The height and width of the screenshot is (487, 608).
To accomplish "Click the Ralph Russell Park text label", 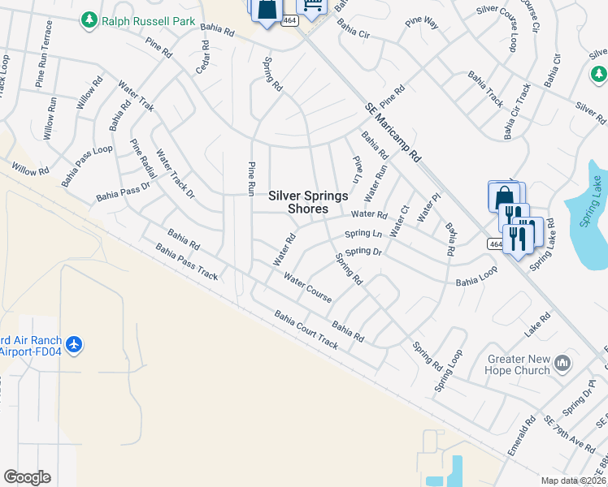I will (149, 21).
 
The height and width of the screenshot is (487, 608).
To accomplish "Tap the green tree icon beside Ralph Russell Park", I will (89, 19).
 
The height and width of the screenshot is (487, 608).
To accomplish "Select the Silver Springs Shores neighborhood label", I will (308, 202).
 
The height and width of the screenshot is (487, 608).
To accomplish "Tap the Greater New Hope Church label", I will (519, 364).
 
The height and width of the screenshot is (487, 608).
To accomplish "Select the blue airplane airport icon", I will (75, 345).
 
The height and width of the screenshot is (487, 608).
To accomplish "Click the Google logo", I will (27, 477).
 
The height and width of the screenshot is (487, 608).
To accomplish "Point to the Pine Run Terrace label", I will (42, 54).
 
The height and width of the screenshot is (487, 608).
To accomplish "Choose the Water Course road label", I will (307, 287).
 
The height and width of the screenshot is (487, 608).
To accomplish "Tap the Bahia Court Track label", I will (306, 330).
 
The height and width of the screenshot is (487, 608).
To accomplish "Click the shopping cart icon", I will (313, 6).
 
